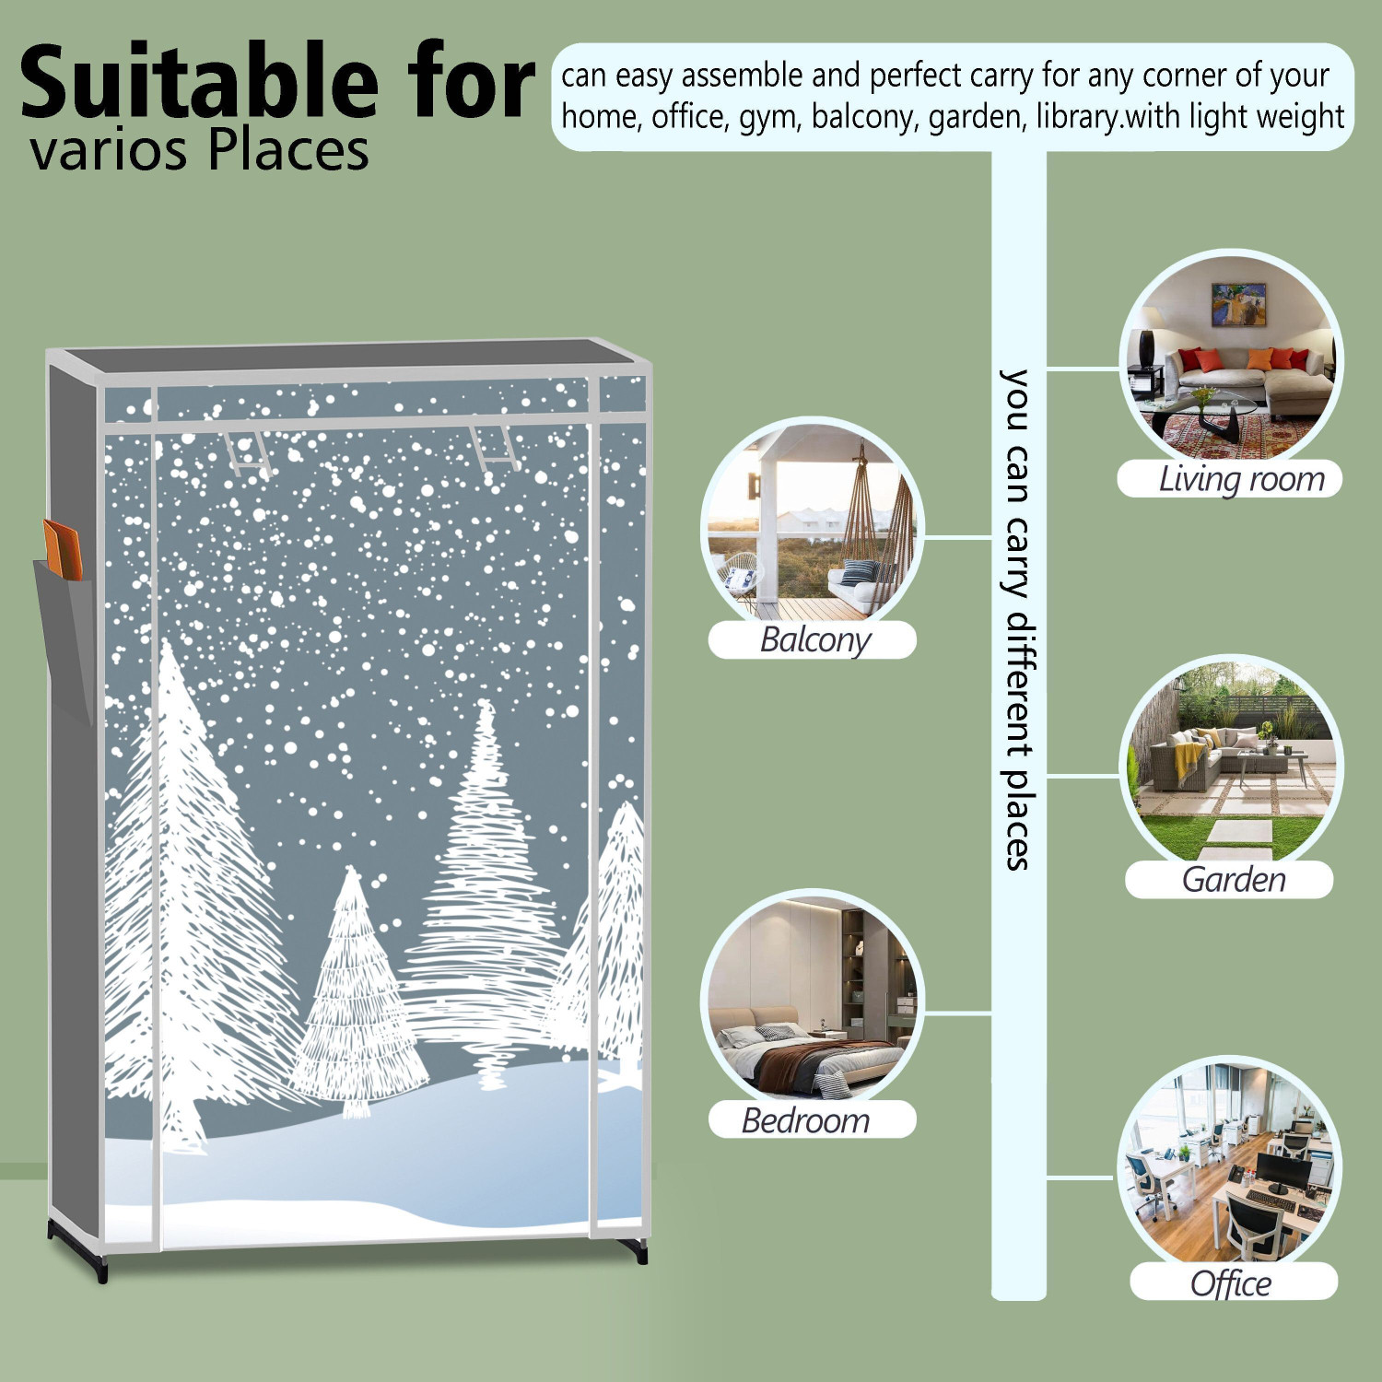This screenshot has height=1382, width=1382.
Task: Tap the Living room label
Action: pyautogui.click(x=1241, y=479)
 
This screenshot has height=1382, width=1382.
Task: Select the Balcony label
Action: pyautogui.click(x=814, y=638)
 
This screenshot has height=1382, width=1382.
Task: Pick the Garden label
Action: pyautogui.click(x=1234, y=879)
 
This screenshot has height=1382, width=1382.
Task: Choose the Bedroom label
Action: pyautogui.click(x=805, y=1120)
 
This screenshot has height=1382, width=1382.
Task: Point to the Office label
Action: pyautogui.click(x=1231, y=1282)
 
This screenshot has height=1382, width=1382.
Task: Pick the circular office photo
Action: pyautogui.click(x=1229, y=1170)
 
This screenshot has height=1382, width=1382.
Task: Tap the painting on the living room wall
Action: pyautogui.click(x=1237, y=304)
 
